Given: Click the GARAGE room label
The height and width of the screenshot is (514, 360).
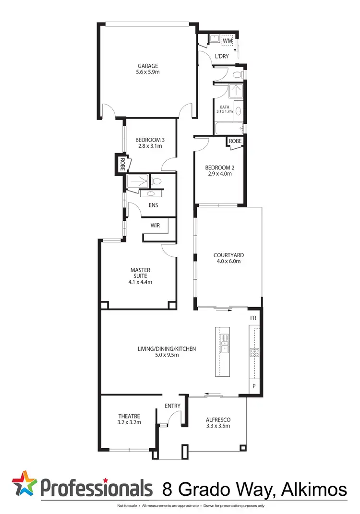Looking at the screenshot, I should click(x=147, y=66).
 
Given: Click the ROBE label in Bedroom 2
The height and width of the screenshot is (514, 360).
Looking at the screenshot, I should click(x=235, y=141).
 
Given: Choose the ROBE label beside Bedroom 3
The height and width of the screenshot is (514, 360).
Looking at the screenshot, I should click(x=122, y=164).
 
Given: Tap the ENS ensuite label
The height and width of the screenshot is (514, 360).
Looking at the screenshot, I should click(x=154, y=205).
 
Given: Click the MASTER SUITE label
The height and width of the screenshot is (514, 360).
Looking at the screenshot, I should click(x=140, y=273).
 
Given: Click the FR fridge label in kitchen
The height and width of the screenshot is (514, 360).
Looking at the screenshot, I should click(x=253, y=318).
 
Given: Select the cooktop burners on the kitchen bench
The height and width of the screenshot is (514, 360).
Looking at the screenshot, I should click(x=254, y=353).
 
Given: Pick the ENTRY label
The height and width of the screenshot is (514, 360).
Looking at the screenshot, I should click(x=172, y=406).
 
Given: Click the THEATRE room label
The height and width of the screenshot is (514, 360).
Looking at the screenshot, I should click(x=129, y=416).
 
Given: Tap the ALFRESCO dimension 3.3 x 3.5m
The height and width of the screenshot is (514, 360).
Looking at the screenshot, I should click(x=218, y=426).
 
